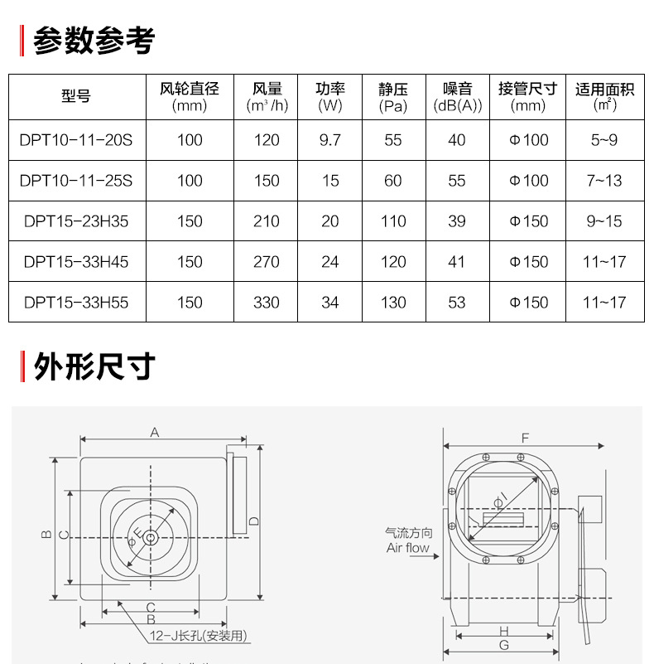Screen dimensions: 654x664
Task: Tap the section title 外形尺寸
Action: click(x=94, y=366)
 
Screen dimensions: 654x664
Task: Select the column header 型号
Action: click(x=76, y=97)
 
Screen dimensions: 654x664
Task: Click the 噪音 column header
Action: click(x=457, y=97)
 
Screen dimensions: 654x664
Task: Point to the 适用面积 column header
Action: click(x=605, y=97)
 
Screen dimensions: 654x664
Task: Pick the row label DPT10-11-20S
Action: click(x=76, y=140)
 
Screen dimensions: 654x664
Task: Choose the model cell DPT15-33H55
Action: click(x=76, y=303)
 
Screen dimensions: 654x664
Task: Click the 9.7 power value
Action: click(x=329, y=140)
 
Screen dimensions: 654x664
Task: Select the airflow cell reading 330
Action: click(x=267, y=303)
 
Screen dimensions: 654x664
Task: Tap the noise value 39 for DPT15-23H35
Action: click(x=457, y=221)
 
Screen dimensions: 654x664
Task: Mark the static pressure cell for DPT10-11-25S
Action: click(x=393, y=181)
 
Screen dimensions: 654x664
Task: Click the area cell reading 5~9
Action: click(x=604, y=140)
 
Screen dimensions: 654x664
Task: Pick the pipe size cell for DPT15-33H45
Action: click(x=528, y=262)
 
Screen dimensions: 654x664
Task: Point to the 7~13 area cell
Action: click(x=604, y=181)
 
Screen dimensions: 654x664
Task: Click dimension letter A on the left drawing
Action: click(x=154, y=432)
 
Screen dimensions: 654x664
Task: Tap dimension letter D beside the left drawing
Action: click(x=254, y=520)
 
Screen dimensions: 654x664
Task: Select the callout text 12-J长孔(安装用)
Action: click(x=199, y=636)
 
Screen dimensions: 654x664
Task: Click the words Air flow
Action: click(x=408, y=548)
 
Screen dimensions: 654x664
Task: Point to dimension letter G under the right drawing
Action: click(x=504, y=644)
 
